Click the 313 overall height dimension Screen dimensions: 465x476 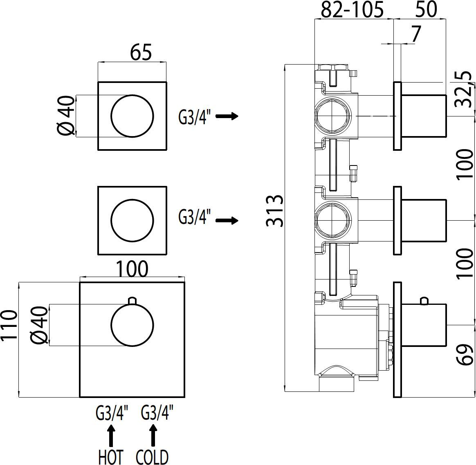tap(274, 210)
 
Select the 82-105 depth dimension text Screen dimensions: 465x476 tap(352, 10)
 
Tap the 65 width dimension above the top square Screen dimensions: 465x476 tap(141, 53)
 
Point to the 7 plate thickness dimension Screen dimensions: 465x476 tap(416, 35)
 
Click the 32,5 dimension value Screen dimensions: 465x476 tap(463, 89)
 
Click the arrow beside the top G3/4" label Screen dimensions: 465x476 tap(227, 116)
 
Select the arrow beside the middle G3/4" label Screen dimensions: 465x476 tap(227, 221)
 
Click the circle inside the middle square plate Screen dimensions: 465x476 tap(132, 221)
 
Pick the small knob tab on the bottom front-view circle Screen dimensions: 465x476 tap(132, 301)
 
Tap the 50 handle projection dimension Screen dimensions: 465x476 tap(427, 10)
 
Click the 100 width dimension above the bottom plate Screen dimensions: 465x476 tap(132, 269)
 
